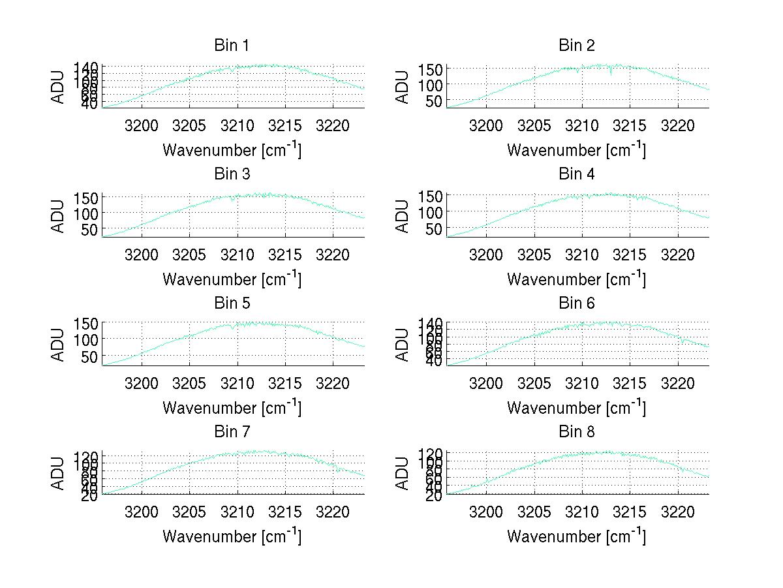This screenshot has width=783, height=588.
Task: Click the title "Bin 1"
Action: [232, 46]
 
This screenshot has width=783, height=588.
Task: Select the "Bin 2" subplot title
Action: [577, 46]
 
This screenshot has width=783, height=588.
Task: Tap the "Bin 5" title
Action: [232, 303]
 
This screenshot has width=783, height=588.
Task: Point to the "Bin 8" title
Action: [577, 432]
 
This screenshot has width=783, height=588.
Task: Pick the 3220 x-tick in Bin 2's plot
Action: [677, 125]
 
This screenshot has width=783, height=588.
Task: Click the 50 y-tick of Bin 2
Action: [435, 101]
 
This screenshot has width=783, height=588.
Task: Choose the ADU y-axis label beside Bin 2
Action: [403, 86]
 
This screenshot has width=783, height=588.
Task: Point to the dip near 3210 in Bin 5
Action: [233, 328]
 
